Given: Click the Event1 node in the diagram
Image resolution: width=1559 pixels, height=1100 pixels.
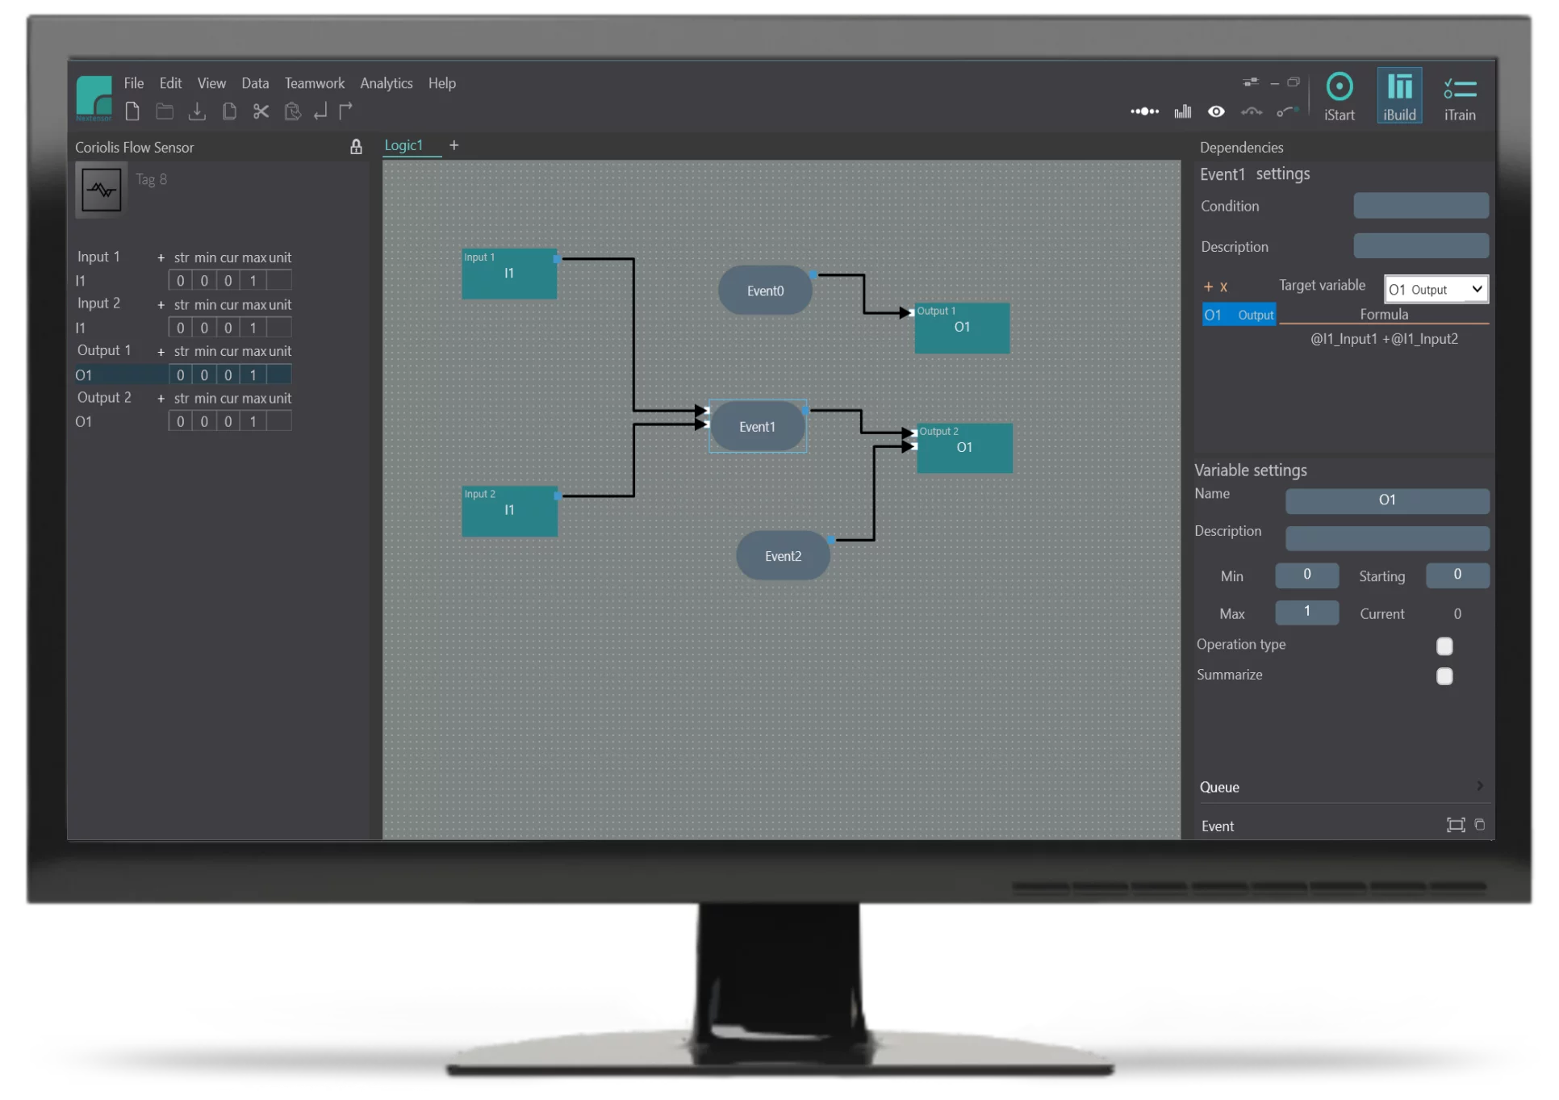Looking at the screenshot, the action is pos(757,426).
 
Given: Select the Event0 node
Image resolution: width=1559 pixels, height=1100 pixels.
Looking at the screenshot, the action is pos(765,291).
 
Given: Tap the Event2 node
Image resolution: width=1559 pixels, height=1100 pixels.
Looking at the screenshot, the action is pos(783,555).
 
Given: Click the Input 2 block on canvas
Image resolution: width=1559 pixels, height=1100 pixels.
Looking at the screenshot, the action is pos(509,511).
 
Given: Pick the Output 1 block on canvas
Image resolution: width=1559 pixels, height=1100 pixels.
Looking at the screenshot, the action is pos(962,328).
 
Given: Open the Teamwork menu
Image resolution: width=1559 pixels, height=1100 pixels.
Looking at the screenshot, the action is pos(315,83).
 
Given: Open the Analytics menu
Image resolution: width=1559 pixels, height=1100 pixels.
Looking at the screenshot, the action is pos(386,83).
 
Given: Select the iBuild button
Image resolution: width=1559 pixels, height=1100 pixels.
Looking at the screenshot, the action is pos(1399,96).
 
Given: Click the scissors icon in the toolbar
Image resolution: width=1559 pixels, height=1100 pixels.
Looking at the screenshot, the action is pos(261,111).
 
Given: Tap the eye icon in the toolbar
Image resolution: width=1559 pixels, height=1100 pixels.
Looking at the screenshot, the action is pos(1216,111).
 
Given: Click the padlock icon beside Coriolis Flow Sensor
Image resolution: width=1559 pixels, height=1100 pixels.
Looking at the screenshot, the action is pos(356,146).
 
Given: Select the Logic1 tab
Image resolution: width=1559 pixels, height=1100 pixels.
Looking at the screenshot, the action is pos(403,145).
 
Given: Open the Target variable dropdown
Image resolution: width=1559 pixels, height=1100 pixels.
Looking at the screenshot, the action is pos(1436,289).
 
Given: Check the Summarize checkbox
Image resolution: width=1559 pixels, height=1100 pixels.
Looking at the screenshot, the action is pos(1444,676).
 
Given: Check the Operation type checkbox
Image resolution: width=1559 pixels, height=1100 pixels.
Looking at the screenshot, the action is pos(1444,646).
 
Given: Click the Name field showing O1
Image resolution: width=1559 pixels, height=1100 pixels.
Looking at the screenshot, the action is pos(1387,500).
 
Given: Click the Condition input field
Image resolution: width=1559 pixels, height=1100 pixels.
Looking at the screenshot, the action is pos(1421,206).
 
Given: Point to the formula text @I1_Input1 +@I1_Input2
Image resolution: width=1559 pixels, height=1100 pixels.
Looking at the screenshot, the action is pos(1384,339).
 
